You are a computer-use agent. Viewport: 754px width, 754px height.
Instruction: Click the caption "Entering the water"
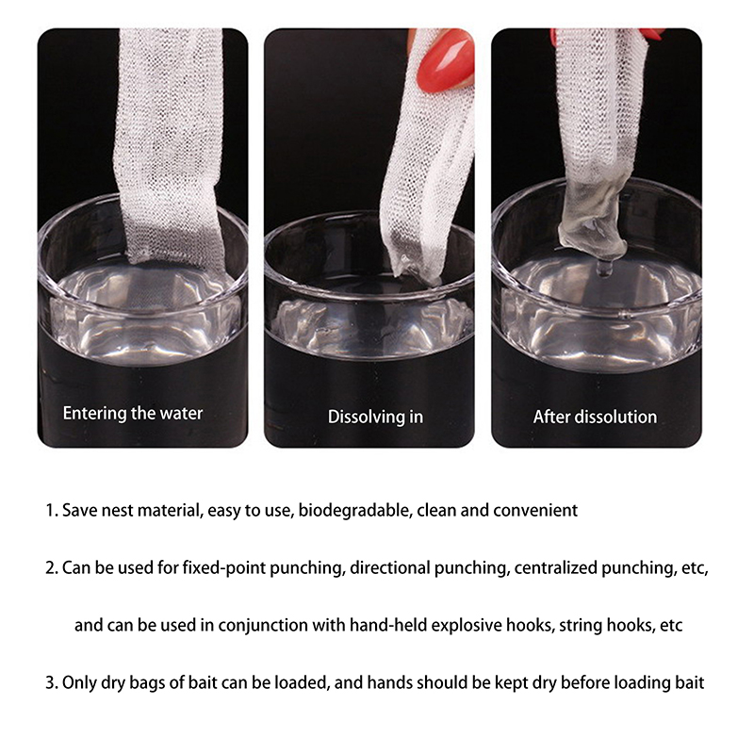(133, 414)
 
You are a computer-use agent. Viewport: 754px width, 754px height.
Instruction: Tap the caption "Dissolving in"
(375, 417)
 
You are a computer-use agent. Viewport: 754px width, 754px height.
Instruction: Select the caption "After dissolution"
(595, 417)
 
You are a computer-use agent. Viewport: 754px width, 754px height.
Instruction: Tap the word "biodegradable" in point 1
(353, 510)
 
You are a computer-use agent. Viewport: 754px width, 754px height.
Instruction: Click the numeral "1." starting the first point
(52, 510)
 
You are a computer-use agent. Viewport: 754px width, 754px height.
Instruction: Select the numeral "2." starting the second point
(52, 568)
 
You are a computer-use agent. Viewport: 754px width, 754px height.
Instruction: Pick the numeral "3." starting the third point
(52, 682)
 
